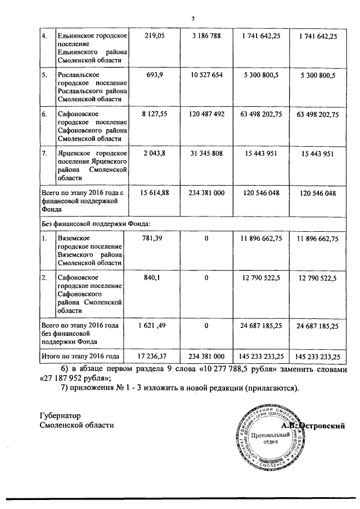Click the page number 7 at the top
(x=193, y=18)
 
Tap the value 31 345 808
(x=206, y=154)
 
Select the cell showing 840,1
(x=154, y=278)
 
